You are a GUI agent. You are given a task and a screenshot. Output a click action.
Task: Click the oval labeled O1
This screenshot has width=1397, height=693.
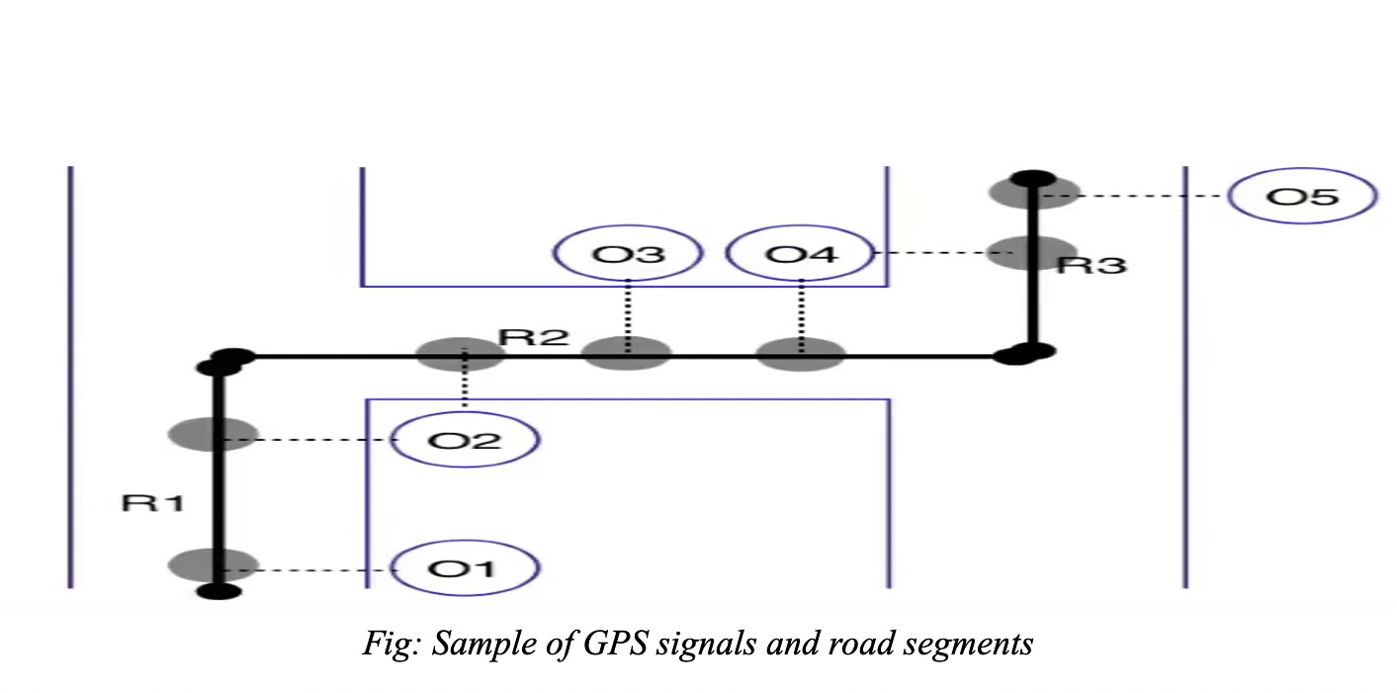point(466,568)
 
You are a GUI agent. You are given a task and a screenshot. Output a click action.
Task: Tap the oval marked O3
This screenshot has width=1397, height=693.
point(627,254)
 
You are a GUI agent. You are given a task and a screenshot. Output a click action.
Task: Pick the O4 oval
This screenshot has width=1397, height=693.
point(800,254)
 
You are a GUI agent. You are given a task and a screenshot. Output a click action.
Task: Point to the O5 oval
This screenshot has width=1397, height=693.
point(1302,196)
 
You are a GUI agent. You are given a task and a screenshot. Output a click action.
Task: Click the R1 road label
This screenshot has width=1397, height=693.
point(152,503)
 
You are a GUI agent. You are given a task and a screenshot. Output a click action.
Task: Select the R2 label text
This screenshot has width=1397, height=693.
point(534,336)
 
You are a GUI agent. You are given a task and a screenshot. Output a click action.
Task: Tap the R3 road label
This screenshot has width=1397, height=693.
point(1091,265)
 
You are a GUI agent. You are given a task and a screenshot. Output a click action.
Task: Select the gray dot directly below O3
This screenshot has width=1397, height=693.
point(628,353)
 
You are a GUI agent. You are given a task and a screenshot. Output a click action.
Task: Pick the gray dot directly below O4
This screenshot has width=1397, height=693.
point(801,353)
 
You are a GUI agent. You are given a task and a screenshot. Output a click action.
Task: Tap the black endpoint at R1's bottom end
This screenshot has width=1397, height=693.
point(218,591)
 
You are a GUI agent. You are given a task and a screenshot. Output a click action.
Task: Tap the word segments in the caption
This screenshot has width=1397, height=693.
point(974,645)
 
